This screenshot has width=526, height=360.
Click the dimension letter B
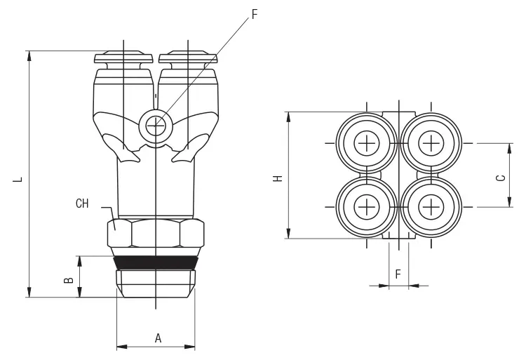coord(68,279)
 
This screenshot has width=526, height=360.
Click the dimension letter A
coord(158,338)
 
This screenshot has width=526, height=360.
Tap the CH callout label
coord(82,204)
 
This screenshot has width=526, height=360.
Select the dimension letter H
coord(278,178)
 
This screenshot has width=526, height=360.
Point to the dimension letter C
coord(501,178)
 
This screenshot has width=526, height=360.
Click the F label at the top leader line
coord(255,14)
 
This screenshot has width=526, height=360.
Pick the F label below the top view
coord(398,274)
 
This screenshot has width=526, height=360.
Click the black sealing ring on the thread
coord(155,262)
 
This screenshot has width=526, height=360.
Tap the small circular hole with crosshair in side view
coord(154,126)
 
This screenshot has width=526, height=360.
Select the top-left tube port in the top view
coord(366,144)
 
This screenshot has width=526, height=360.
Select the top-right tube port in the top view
coord(431,144)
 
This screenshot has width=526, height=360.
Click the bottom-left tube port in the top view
coord(366,207)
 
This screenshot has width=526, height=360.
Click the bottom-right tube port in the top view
coord(431,207)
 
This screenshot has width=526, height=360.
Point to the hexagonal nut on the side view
coord(155,233)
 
